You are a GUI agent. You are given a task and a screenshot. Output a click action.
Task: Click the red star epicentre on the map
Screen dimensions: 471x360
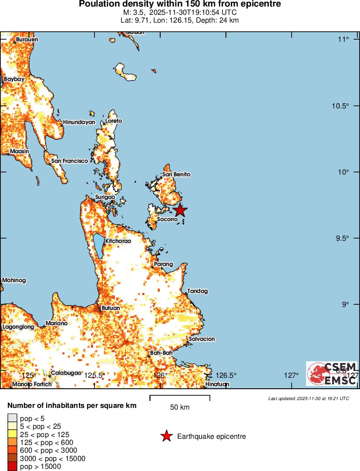(x=180, y=211)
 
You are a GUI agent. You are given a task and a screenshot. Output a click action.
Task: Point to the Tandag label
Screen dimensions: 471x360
(x=198, y=291)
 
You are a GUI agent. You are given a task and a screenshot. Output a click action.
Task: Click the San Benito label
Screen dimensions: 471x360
(x=176, y=175)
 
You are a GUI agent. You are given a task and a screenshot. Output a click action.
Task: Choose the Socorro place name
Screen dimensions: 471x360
(x=167, y=219)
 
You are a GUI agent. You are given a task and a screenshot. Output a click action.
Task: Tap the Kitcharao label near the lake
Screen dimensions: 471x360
(x=117, y=241)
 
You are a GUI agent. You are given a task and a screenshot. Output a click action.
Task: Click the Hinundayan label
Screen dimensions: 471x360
(x=79, y=122)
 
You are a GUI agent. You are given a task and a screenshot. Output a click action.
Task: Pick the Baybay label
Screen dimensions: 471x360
(x=14, y=80)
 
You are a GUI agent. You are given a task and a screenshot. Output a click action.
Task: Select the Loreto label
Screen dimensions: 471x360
(x=114, y=121)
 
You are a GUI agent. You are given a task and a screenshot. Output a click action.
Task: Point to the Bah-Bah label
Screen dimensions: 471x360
(x=161, y=353)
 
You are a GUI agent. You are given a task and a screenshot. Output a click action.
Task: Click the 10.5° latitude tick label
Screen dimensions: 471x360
(x=340, y=106)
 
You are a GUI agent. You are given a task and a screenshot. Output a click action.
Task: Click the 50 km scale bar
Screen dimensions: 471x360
(x=180, y=397)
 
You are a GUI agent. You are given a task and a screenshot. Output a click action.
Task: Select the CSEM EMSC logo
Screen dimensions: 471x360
(x=332, y=373)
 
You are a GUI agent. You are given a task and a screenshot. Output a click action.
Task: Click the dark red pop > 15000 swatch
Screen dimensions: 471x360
(x=12, y=467)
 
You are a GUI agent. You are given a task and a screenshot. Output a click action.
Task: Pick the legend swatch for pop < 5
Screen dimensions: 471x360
(x=12, y=418)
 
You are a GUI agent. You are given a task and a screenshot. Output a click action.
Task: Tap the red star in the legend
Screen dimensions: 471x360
(x=166, y=436)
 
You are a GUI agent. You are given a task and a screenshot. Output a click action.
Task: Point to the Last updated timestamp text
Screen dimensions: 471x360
(x=308, y=398)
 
